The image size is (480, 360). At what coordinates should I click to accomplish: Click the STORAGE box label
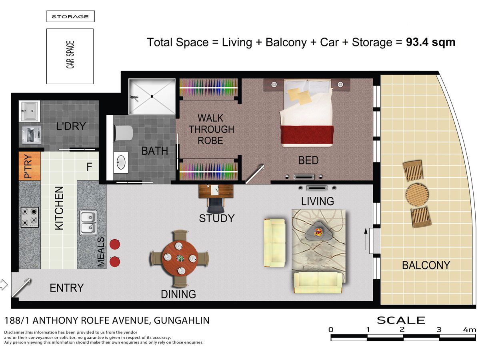(70, 17)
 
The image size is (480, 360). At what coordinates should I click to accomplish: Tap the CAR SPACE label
(70, 55)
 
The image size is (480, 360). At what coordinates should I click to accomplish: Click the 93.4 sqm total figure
(430, 42)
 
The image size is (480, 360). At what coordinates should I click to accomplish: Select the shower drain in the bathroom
(152, 96)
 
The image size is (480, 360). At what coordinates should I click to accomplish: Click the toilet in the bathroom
(123, 133)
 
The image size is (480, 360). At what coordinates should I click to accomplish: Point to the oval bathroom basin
(121, 162)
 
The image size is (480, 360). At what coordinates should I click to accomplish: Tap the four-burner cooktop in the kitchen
(30, 217)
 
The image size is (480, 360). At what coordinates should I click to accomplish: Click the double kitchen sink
(88, 222)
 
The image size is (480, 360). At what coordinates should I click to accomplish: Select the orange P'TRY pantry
(30, 166)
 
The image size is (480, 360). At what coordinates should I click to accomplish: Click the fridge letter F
(89, 167)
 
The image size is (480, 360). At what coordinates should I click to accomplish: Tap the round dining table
(180, 258)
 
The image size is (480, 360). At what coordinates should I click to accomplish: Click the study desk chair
(216, 205)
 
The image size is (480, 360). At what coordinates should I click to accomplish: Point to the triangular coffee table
(318, 231)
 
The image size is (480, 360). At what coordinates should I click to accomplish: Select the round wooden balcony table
(417, 194)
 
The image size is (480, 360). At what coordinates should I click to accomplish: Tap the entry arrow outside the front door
(4, 285)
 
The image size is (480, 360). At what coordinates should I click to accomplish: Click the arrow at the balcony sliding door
(366, 239)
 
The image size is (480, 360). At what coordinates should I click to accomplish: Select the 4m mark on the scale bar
(469, 330)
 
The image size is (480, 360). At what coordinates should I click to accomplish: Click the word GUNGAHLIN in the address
(182, 320)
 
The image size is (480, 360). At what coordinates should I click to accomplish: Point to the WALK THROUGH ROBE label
(211, 129)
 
